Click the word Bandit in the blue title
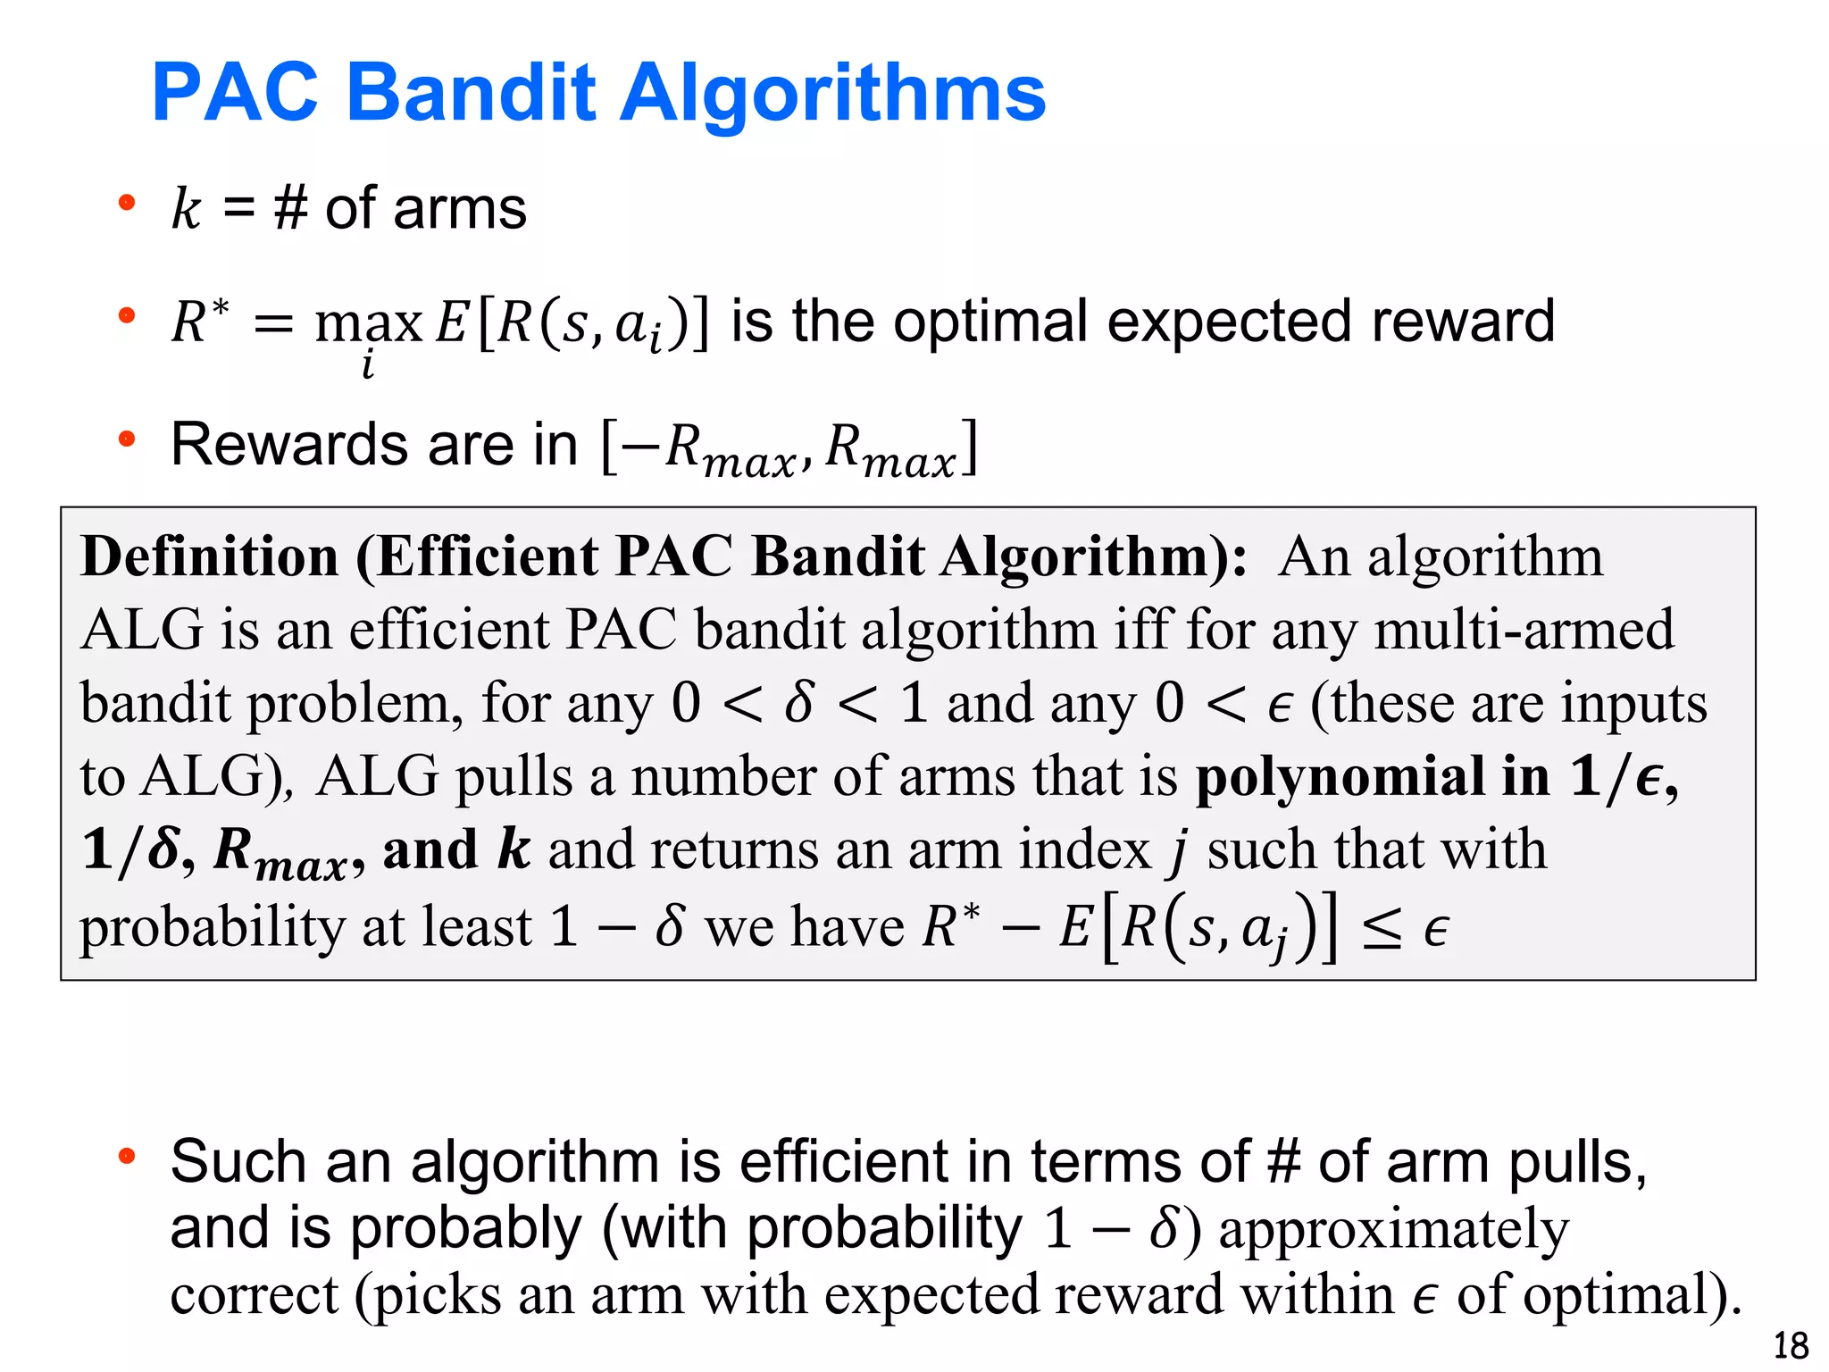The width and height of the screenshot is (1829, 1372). tap(471, 93)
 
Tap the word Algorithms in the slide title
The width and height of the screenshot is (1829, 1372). tap(831, 95)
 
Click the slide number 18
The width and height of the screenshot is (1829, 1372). tap(1790, 1345)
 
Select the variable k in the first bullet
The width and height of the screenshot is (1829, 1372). tap(187, 209)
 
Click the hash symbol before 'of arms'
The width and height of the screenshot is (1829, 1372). tap(291, 209)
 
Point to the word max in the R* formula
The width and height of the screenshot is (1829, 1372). tap(368, 323)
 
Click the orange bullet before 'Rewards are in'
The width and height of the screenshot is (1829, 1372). tap(127, 439)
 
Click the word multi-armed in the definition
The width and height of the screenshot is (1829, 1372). tap(1524, 630)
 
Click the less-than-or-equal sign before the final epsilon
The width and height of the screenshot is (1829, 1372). tap(1381, 930)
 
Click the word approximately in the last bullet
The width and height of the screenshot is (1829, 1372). tap(1393, 1230)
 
